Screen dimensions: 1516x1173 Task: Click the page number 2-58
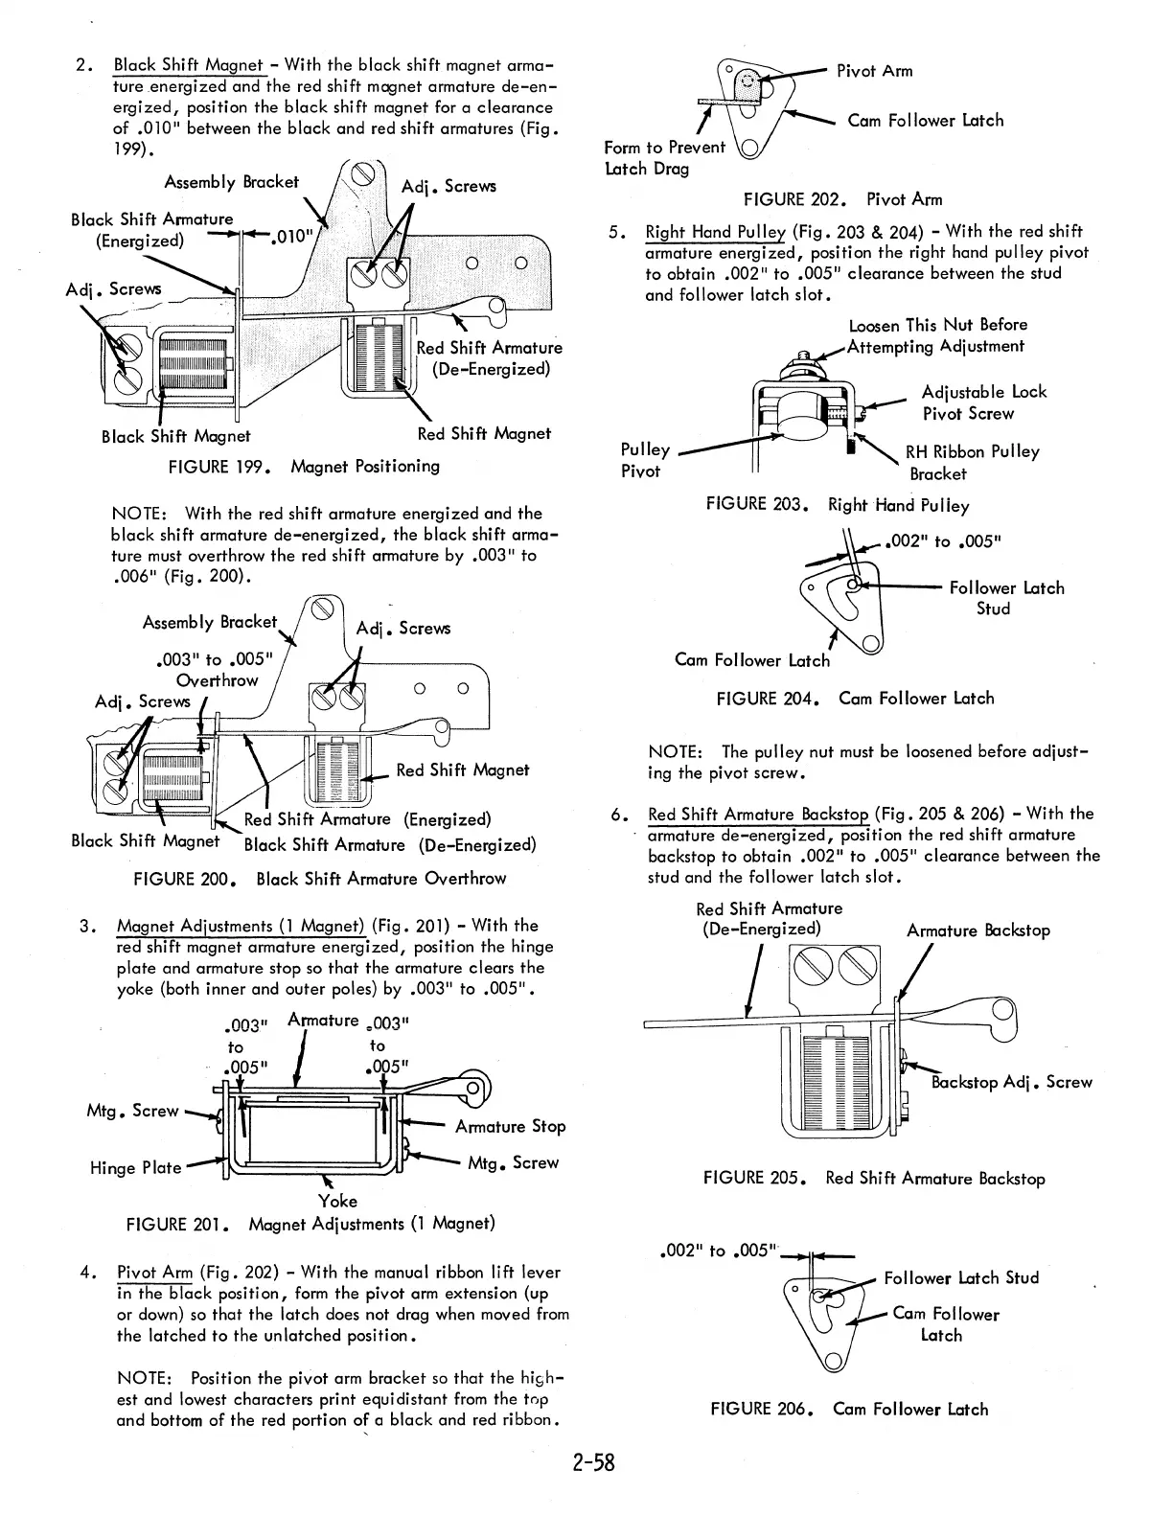point(586,1463)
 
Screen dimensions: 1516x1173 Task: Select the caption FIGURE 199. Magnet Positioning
point(304,467)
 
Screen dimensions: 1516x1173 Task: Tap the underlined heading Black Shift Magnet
point(189,65)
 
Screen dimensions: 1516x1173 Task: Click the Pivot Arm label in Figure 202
point(874,71)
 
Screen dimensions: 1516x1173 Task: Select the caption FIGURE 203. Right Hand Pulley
point(837,505)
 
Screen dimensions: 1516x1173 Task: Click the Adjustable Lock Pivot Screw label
point(983,402)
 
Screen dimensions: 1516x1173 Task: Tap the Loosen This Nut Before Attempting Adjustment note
point(936,335)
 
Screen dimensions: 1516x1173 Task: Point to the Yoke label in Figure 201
point(337,1201)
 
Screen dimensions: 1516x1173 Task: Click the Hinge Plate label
point(135,1167)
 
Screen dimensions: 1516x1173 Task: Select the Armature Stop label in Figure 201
point(510,1127)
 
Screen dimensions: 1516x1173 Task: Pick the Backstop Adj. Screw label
point(1011,1082)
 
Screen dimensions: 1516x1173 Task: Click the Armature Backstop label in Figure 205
point(977,930)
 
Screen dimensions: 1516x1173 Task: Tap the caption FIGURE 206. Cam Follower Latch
point(849,1409)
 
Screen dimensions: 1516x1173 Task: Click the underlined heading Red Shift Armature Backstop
point(758,815)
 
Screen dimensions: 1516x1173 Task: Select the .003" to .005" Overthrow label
point(215,670)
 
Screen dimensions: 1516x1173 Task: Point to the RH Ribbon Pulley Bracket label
point(972,462)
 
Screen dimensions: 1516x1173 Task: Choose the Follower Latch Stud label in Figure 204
point(1006,598)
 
